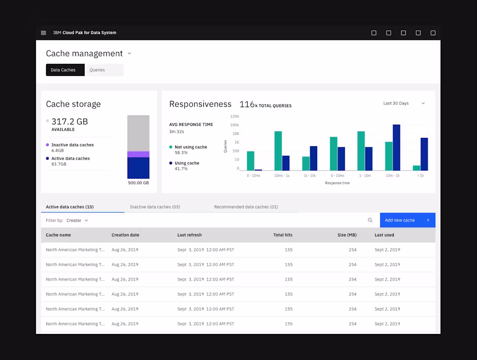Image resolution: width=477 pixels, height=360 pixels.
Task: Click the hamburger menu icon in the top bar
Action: pos(43,33)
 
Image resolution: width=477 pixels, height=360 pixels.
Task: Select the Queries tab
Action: pos(97,70)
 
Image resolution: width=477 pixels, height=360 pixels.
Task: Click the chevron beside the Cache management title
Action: pos(129,54)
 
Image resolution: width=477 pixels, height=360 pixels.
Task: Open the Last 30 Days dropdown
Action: pos(404,103)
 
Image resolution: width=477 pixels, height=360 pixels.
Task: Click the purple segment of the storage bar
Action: pos(138,154)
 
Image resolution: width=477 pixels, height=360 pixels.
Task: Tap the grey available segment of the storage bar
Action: pos(138,133)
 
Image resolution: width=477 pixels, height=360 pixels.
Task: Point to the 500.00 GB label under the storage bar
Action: pos(138,183)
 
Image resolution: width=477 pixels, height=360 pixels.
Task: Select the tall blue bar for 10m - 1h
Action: pos(396,147)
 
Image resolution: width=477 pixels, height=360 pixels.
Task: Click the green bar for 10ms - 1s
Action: pos(278,151)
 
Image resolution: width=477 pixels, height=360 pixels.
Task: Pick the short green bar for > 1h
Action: pos(417,168)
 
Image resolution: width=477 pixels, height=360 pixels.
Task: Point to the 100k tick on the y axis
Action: pos(235,125)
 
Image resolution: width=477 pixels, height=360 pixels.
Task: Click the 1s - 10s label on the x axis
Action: pos(309,176)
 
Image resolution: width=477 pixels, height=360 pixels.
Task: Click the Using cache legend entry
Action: pos(186,163)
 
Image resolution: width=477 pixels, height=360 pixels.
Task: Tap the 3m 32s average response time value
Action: pos(176,131)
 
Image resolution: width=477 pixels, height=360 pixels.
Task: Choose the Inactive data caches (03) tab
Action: pos(155,207)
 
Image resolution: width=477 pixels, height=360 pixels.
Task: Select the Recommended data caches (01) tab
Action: pos(246,207)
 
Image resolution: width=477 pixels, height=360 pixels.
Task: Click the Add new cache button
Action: pos(407,220)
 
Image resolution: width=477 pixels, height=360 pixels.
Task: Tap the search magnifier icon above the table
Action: pos(370,220)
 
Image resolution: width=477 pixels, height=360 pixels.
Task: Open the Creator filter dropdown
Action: pos(77,220)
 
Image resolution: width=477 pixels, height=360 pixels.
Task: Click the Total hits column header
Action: pos(283,235)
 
